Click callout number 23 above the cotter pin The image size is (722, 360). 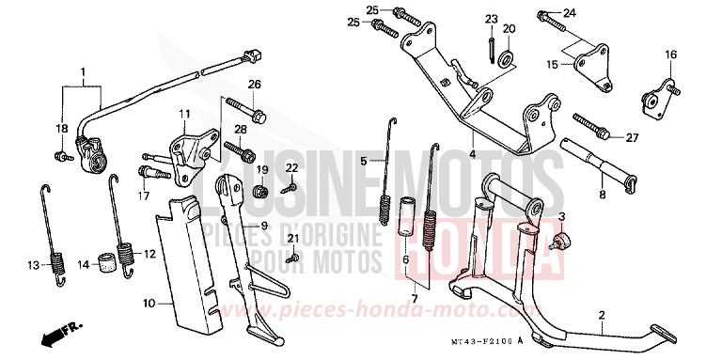point(491,20)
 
